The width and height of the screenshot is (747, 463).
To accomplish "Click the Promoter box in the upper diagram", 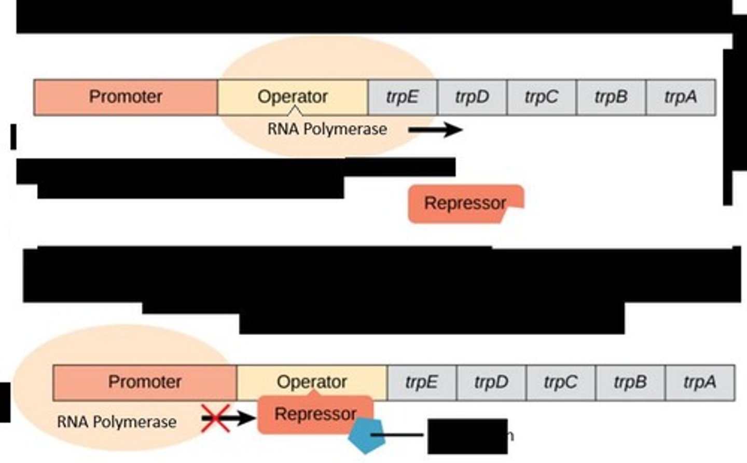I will pyautogui.click(x=126, y=97).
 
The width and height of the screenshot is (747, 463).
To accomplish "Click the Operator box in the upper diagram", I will pyautogui.click(x=293, y=97).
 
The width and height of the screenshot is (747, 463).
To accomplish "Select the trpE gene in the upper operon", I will pyautogui.click(x=403, y=97).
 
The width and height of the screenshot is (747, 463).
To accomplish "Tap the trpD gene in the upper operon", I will pyautogui.click(x=472, y=97).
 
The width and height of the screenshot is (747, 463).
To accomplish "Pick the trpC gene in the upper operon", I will pyautogui.click(x=542, y=97).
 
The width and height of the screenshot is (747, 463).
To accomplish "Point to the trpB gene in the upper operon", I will pyautogui.click(x=611, y=97).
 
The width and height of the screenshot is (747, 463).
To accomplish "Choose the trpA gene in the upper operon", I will pyautogui.click(x=681, y=97).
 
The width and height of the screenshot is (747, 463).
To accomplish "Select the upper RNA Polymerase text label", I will pyautogui.click(x=327, y=129).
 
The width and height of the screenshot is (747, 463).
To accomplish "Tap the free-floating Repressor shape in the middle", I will pyautogui.click(x=465, y=203).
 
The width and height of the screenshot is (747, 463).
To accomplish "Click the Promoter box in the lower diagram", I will pyautogui.click(x=145, y=383).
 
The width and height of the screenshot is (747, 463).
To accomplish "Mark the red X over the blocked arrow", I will pyautogui.click(x=216, y=418).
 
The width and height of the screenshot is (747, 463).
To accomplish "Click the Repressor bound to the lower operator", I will pyautogui.click(x=315, y=414).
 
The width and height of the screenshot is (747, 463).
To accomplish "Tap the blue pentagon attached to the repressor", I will pyautogui.click(x=367, y=436).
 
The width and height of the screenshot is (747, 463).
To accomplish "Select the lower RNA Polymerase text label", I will pyautogui.click(x=117, y=422).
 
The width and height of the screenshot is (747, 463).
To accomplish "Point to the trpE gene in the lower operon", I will pyautogui.click(x=422, y=383).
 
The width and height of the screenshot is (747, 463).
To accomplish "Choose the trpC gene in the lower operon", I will pyautogui.click(x=561, y=383).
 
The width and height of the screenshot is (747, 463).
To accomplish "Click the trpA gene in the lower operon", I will pyautogui.click(x=700, y=383).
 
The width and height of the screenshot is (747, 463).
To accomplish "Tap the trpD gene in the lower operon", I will pyautogui.click(x=491, y=383).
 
